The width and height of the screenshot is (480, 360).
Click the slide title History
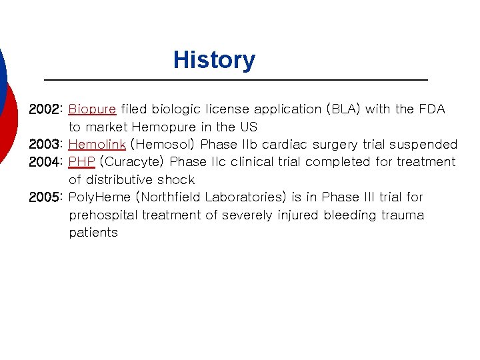click(213, 60)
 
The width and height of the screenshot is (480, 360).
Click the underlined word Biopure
click(93, 109)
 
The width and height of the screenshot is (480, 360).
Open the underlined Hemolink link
click(97, 144)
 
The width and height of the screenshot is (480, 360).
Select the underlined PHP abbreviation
click(82, 162)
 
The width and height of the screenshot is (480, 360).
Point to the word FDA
click(431, 109)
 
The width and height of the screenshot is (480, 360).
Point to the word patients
click(93, 233)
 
